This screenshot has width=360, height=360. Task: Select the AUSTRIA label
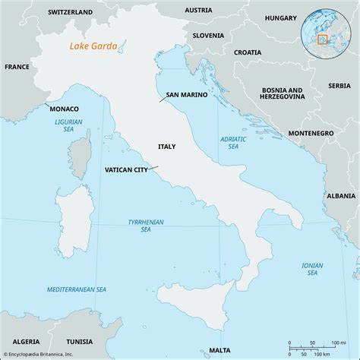(x=198, y=10)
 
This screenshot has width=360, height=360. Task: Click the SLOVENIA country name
(x=207, y=35)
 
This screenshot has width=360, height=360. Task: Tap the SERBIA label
(x=339, y=86)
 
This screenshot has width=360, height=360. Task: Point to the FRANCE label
(x=17, y=67)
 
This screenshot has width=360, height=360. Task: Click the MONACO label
(x=65, y=109)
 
